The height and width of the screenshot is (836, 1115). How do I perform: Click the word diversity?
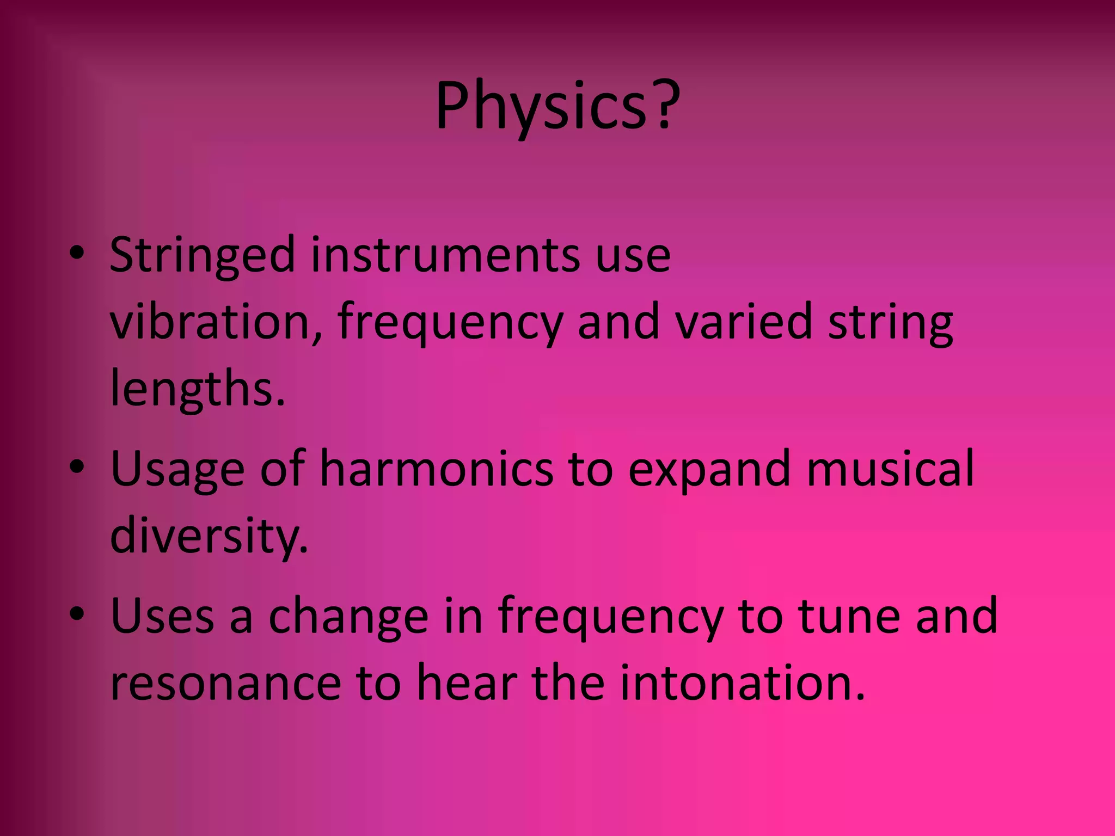point(209,536)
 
